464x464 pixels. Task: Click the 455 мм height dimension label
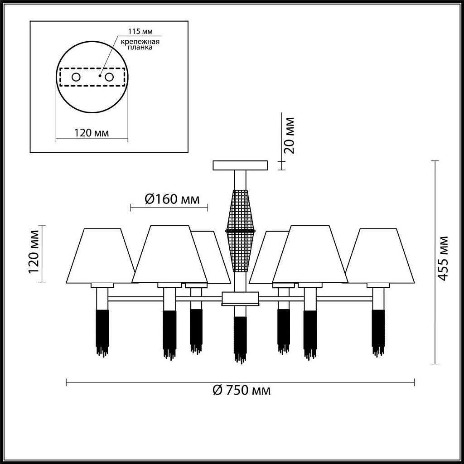coord(443,258)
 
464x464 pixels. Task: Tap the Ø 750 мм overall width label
coord(242,390)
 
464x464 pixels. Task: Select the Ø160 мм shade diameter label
coord(172,199)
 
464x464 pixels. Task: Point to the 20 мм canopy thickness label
coord(289,135)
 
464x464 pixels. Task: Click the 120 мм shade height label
coord(34,252)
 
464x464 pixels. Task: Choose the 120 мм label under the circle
coord(91,133)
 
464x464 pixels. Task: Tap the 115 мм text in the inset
coord(140,31)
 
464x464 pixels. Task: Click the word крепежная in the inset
coord(140,41)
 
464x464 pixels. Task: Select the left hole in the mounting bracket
coord(76,77)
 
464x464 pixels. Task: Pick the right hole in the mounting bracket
coord(109,77)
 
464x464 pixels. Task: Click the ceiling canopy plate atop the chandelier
coord(240,165)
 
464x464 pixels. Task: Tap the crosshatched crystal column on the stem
coord(240,231)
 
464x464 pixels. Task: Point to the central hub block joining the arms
coord(240,299)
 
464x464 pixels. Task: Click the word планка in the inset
coord(140,48)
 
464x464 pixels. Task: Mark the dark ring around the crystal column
coord(240,230)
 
